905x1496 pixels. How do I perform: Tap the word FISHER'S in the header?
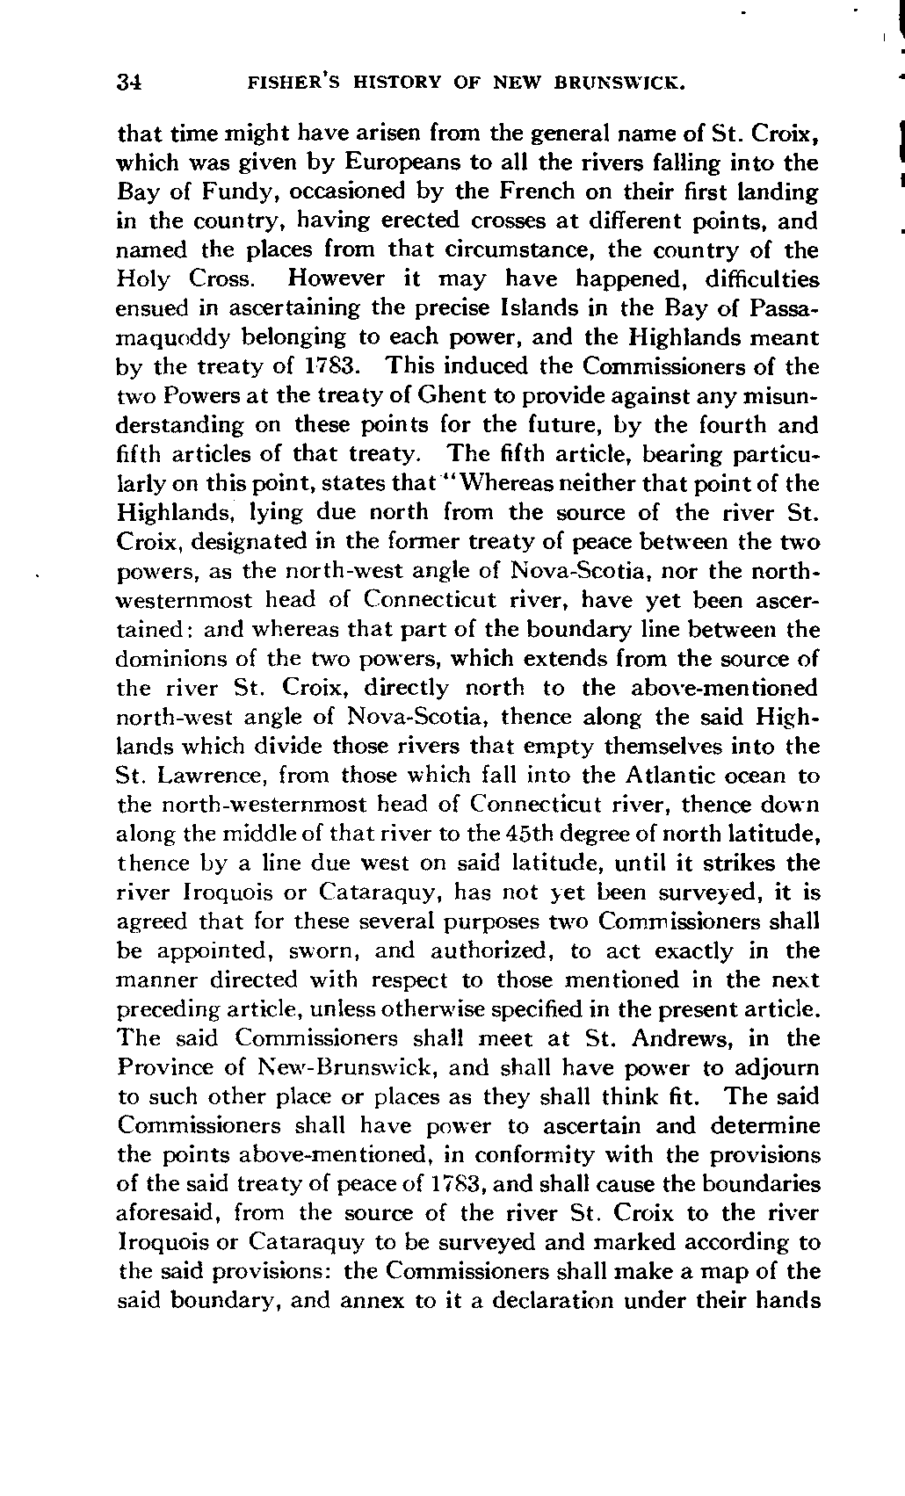[290, 83]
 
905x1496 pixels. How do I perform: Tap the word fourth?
[719, 425]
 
